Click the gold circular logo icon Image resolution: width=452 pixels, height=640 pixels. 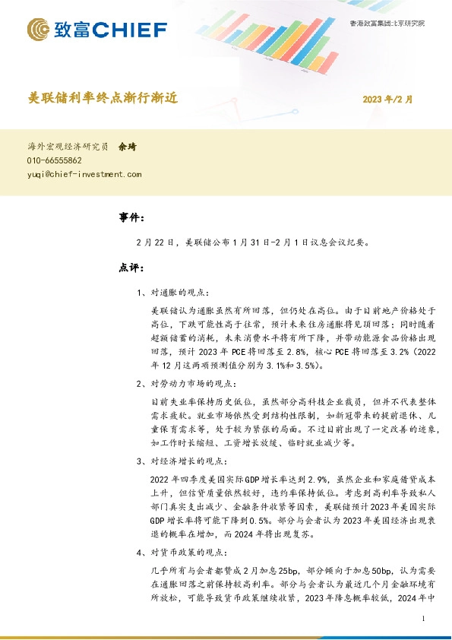40,30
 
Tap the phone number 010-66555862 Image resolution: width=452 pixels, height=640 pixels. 55,161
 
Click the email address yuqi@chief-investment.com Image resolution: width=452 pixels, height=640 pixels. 84,174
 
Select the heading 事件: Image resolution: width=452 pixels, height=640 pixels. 131,218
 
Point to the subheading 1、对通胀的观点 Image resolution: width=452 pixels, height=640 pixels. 174,292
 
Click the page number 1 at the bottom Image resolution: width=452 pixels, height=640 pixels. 421,619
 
